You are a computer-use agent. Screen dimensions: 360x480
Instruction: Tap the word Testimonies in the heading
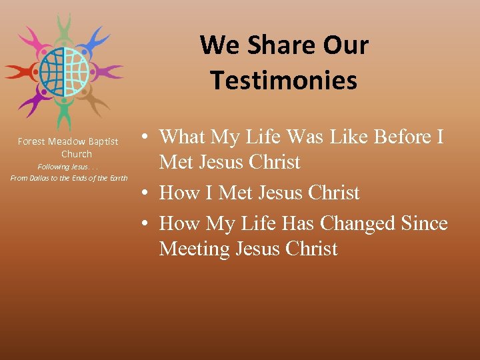point(284,80)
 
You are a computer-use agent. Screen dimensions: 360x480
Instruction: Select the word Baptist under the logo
point(102,141)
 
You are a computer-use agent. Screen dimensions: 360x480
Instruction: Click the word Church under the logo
point(77,154)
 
